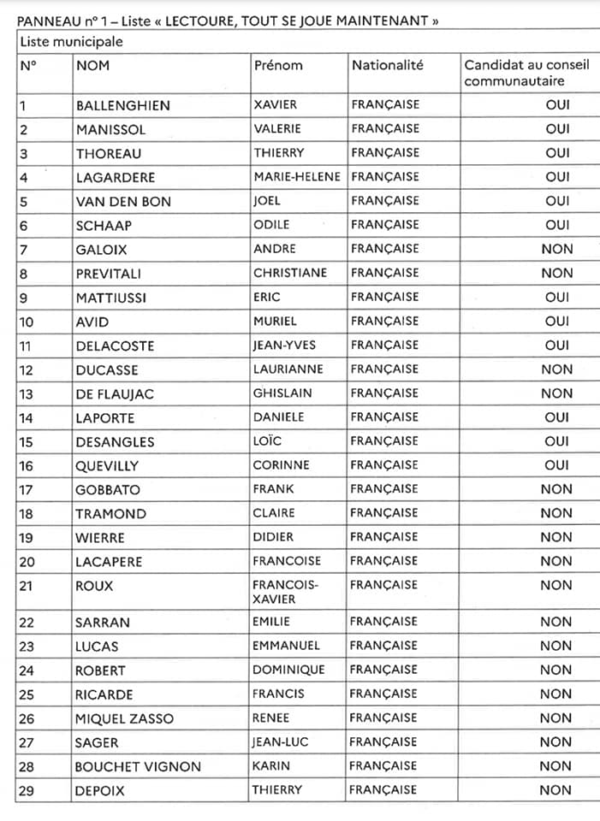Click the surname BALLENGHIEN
(x=123, y=106)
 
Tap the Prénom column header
(x=278, y=65)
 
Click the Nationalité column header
(x=387, y=65)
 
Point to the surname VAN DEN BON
(x=123, y=202)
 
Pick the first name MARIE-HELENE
(x=297, y=177)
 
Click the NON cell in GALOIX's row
(x=556, y=250)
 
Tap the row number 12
(x=27, y=370)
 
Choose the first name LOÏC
(x=267, y=441)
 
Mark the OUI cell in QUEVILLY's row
(x=556, y=466)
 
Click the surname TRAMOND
(x=111, y=514)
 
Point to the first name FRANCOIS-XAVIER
(x=285, y=592)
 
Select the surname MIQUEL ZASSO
(x=125, y=718)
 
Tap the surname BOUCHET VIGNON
(x=138, y=766)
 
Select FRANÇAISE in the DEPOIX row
(x=385, y=789)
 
